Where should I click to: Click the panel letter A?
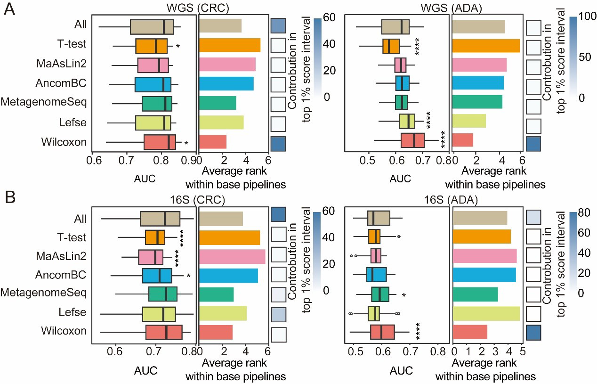(10, 9)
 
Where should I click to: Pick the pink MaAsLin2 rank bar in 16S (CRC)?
(232, 256)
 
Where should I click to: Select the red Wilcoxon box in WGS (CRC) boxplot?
(160, 142)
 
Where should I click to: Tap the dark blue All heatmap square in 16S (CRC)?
(279, 216)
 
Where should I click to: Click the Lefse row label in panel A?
(75, 123)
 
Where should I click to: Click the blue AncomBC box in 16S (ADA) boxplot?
(376, 274)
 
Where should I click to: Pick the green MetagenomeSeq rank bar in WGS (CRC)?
(218, 103)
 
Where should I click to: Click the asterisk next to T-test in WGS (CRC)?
(177, 47)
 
